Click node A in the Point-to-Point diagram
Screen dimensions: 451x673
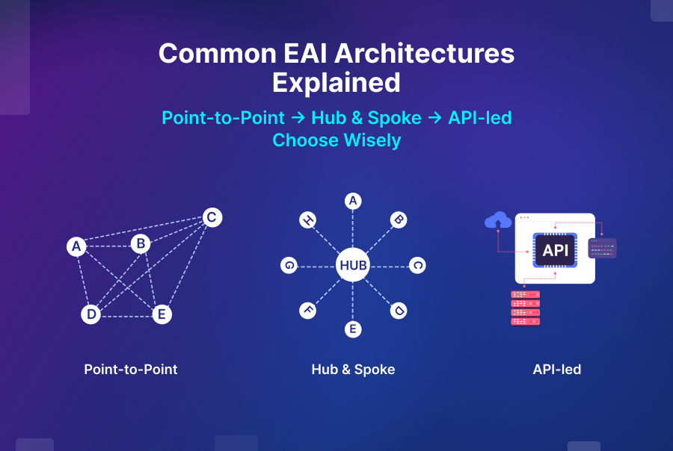tap(75, 246)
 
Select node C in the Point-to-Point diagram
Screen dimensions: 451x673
tap(212, 217)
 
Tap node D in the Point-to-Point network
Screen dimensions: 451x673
tap(91, 314)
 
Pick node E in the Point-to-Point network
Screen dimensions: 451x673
tap(161, 314)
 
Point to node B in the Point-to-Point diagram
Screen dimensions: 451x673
tap(140, 243)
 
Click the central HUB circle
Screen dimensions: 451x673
tap(353, 265)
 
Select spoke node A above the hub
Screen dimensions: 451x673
tap(353, 201)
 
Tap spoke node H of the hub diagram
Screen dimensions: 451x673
tap(307, 220)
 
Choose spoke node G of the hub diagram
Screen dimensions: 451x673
tap(289, 265)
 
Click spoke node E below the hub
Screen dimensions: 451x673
tap(353, 329)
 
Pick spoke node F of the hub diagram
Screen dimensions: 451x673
tap(307, 311)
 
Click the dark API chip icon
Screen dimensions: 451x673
tap(555, 250)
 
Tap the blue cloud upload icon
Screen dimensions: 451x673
tap(498, 220)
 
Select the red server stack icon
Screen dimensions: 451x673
tap(525, 308)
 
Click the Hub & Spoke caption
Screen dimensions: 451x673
tap(353, 370)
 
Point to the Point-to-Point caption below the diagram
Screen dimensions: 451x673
tap(131, 370)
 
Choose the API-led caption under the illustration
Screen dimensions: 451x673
tap(557, 370)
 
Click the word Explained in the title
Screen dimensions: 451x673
tap(336, 82)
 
